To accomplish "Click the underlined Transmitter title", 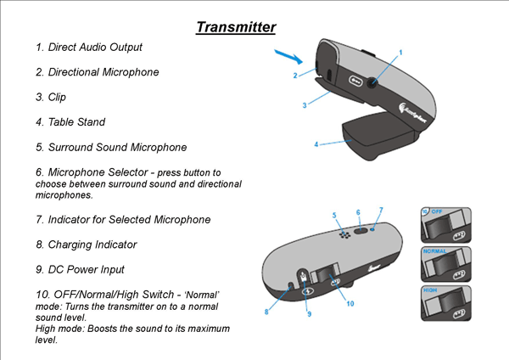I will tap(236, 27).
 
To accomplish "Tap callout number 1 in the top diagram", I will tap(400, 53).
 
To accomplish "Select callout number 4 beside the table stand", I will tap(316, 144).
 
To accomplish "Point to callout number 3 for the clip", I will tap(303, 105).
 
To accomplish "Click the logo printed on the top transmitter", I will tap(409, 109).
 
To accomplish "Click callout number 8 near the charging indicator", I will tap(266, 312).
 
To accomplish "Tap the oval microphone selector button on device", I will tap(360, 228).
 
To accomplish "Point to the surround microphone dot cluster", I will tap(344, 233).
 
